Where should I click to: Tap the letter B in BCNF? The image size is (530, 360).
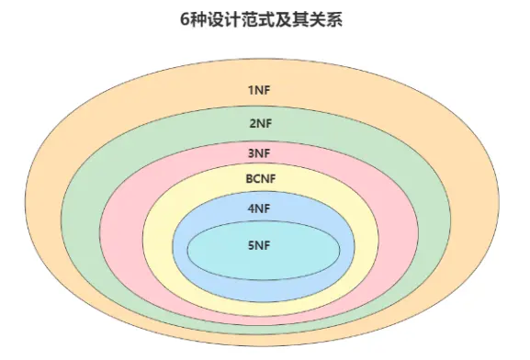point(249,178)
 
